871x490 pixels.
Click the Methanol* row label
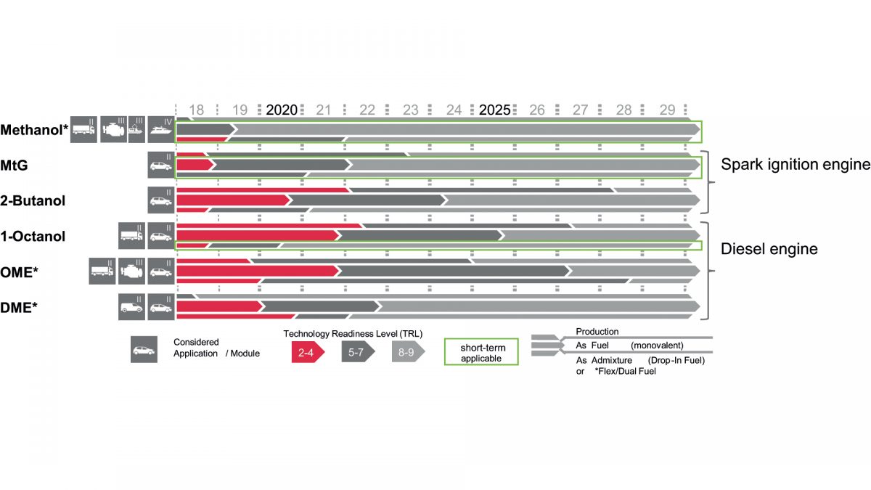click(x=33, y=130)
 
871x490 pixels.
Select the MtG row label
click(x=14, y=166)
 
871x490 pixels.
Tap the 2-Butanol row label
click(x=33, y=201)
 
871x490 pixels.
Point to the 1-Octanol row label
click(x=33, y=237)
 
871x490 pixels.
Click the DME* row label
click(x=18, y=308)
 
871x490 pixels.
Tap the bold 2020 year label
click(x=282, y=110)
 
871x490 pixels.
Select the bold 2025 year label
click(x=494, y=110)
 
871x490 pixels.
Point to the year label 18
click(x=196, y=110)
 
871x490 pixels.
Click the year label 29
click(x=667, y=110)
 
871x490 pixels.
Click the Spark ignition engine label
click(x=795, y=165)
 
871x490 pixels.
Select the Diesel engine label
click(x=769, y=249)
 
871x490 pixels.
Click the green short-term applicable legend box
click(x=481, y=352)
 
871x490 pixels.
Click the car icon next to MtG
click(x=160, y=165)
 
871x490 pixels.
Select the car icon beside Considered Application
click(x=144, y=349)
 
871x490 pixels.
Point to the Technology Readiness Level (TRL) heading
click(x=353, y=334)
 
